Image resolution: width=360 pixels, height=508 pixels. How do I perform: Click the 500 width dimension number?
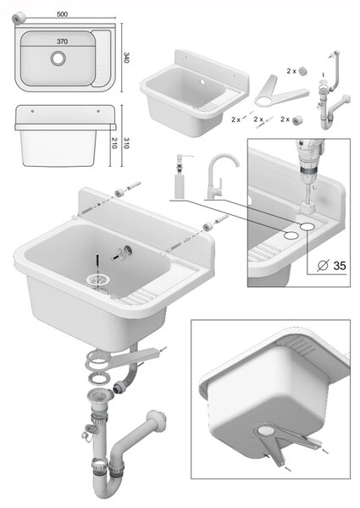pos(62,14)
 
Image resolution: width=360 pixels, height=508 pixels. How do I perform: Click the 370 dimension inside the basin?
pos(62,41)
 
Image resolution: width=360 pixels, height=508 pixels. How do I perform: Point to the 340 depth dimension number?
pos(127,58)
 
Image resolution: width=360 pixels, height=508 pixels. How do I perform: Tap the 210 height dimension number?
pos(114,143)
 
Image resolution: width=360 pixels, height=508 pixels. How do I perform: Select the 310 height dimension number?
pos(126,143)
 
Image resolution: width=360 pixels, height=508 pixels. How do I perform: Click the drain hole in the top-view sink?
pos(58,58)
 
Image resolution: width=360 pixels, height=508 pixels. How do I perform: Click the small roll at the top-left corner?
pos(19,18)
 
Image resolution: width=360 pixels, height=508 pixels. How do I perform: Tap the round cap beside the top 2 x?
pos(302,70)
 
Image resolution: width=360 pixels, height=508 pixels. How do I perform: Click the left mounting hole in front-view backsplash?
pos(32,111)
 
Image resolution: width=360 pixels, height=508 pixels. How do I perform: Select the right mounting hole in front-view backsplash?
pos(98,111)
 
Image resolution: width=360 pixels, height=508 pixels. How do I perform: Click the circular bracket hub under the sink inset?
pos(266,432)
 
